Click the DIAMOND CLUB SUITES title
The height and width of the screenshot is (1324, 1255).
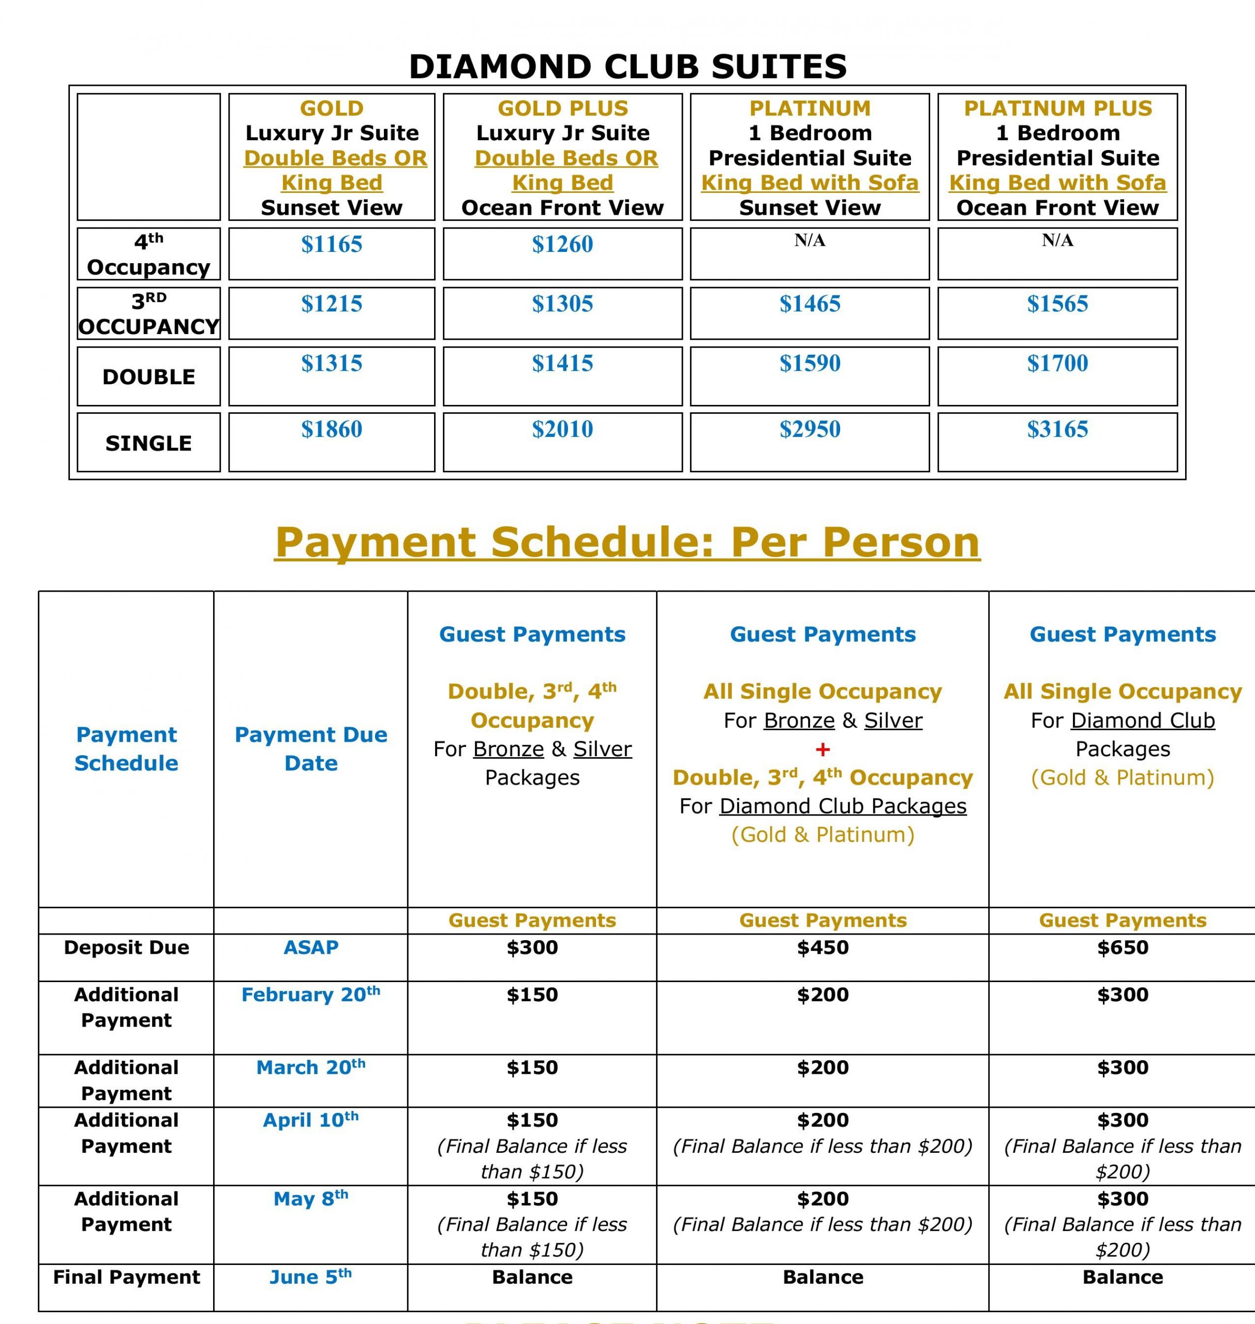627,67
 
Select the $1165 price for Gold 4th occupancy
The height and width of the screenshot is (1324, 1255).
331,245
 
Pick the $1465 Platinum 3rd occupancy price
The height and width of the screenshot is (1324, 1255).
810,304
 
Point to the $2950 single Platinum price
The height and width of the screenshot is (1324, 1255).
810,429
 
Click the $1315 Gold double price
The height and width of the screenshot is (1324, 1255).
331,364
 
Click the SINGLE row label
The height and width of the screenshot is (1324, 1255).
148,443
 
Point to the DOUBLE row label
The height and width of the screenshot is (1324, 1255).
148,377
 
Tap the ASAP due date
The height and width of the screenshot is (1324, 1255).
310,947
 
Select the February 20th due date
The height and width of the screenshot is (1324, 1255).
310,995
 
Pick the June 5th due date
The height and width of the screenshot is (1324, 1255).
310,1277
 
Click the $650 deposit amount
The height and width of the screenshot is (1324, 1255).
1122,947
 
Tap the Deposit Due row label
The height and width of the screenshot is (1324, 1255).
126,947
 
